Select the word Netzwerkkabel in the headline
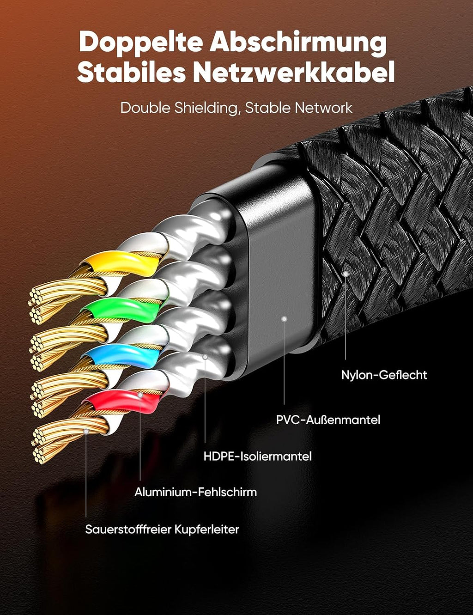293,73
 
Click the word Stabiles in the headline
131,73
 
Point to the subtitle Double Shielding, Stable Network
236,108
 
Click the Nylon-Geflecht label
384,375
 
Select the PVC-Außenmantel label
328,420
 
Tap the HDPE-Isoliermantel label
257,456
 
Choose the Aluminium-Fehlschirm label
195,492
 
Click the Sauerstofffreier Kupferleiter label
162,529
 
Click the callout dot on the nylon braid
345,274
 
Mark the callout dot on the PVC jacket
284,319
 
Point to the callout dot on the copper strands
86,431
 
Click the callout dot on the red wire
140,395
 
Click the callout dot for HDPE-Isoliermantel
205,357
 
